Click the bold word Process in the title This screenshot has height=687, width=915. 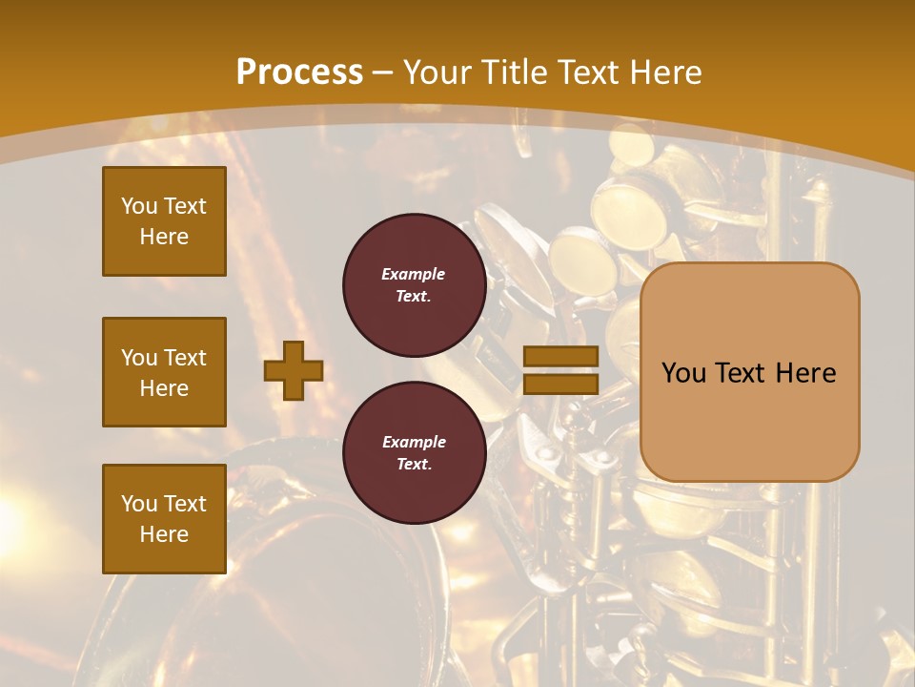(299, 73)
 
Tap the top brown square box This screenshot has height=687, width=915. (164, 221)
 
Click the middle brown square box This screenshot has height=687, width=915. (164, 372)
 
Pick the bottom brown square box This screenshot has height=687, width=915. (164, 519)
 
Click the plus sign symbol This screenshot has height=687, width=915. (294, 370)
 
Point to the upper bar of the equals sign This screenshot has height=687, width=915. (560, 357)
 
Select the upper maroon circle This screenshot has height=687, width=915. (414, 284)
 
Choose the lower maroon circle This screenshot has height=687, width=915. (414, 452)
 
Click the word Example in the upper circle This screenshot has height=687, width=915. (414, 274)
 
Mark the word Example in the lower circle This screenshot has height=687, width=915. (414, 442)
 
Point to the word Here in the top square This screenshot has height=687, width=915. (164, 237)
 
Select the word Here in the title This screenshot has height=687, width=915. (665, 73)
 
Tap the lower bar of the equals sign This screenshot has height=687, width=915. (560, 384)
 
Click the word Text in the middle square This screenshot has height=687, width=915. (184, 358)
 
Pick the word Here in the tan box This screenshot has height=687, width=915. (806, 373)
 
